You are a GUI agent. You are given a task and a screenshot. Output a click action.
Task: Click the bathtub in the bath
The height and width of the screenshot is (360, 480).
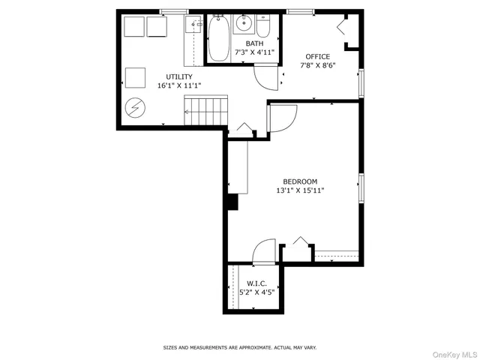219,39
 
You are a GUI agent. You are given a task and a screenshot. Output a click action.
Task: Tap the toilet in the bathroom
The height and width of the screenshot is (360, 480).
262,27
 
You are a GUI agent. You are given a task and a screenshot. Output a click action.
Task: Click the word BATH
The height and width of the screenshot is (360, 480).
254,43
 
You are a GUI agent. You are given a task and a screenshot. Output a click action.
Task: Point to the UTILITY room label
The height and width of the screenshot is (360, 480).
179,76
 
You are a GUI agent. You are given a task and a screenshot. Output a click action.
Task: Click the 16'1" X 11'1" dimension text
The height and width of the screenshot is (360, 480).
179,85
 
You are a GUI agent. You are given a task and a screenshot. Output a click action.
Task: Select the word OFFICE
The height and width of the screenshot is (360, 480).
316,56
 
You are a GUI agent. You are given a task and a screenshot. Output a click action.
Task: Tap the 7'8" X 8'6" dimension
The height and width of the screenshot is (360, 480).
316,65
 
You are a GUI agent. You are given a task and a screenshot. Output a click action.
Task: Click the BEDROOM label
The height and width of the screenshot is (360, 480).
300,181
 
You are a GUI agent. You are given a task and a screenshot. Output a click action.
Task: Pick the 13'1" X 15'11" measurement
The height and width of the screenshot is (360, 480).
300,190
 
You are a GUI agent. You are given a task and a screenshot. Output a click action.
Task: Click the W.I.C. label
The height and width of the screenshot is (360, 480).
257,283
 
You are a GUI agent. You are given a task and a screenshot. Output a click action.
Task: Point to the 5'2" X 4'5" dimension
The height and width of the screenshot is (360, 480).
257,292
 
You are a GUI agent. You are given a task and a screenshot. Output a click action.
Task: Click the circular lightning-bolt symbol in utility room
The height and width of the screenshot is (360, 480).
135,109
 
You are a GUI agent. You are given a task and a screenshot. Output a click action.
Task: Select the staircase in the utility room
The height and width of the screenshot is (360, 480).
205,110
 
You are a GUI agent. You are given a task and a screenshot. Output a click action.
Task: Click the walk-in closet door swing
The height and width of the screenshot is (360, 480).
265,251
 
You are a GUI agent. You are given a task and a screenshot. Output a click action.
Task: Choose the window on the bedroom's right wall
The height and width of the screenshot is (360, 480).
361,187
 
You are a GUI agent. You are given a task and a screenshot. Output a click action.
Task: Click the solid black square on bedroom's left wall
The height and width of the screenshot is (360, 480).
232,202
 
